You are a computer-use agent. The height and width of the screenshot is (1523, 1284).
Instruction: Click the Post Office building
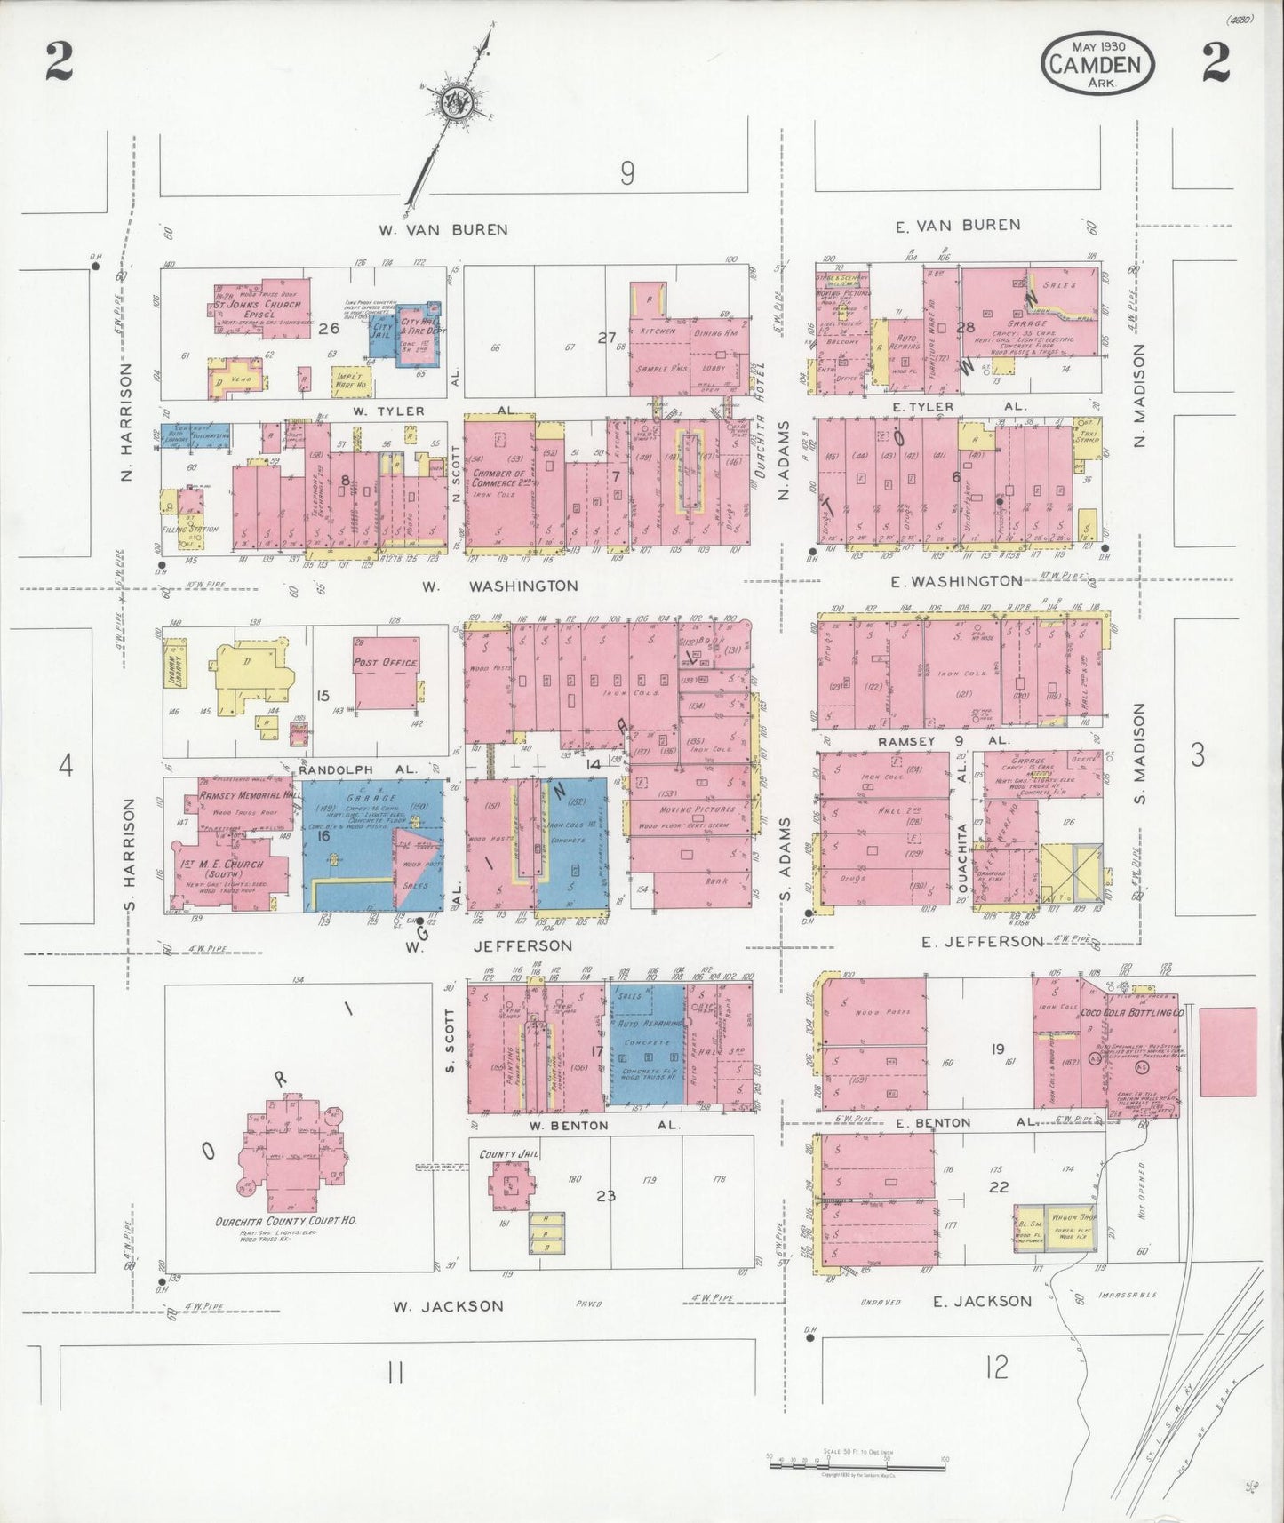[387, 673]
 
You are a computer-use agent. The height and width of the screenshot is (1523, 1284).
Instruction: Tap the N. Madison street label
[1140, 395]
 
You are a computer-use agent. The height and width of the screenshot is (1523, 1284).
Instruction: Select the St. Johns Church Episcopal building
[263, 309]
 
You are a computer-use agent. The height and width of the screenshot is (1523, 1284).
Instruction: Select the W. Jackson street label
[449, 1305]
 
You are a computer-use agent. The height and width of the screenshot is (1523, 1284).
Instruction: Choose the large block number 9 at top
[627, 173]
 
